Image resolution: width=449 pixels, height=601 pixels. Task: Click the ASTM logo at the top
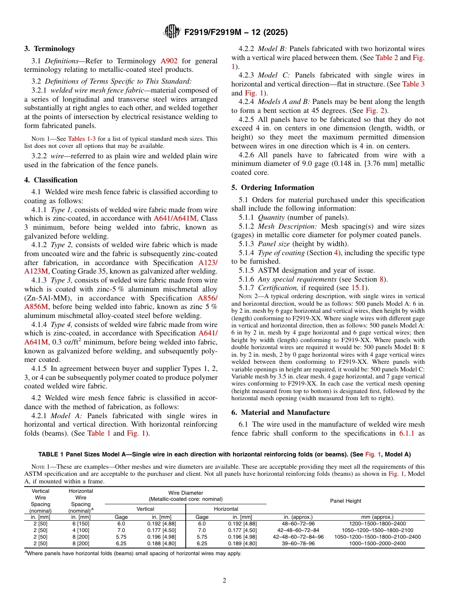coord(172,32)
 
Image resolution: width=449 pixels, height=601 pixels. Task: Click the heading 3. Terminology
coord(50,49)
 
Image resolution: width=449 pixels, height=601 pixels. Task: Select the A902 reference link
coord(170,61)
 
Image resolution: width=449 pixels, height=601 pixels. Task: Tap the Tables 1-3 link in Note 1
coord(84,138)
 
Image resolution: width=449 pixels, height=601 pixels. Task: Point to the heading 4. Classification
coord(51,180)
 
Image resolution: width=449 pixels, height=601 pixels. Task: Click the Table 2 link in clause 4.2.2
coord(387,58)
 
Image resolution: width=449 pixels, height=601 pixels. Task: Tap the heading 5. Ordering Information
coord(273,188)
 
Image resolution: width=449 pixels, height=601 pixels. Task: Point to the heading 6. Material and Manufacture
coord(281,412)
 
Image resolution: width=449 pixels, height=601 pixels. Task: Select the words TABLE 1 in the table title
coord(52,455)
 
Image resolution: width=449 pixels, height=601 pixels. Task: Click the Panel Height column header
coord(345,501)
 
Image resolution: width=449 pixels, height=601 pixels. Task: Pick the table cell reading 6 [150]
coord(81,524)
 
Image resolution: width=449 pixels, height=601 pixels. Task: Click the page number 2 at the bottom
coord(224,581)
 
